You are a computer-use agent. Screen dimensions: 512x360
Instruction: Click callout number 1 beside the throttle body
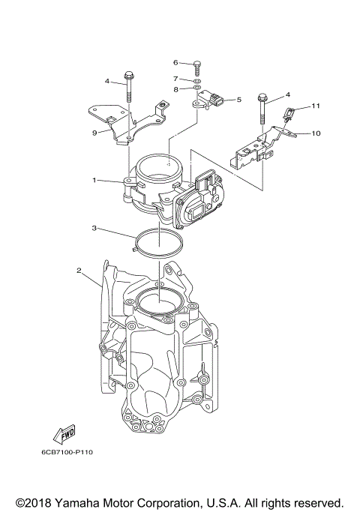(94, 181)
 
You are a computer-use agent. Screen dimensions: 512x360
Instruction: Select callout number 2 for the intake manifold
(79, 269)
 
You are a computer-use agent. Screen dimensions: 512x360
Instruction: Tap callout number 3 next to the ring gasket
(94, 227)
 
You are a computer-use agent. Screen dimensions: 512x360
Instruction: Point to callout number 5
(238, 99)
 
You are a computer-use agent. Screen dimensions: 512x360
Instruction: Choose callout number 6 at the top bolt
(175, 62)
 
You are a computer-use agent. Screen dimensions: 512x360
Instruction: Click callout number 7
(175, 78)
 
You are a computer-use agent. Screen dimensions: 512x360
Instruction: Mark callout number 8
(175, 89)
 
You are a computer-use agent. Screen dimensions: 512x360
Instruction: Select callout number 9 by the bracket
(94, 133)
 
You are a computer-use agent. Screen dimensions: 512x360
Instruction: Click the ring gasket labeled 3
(159, 241)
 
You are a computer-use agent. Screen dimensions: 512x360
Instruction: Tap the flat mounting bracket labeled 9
(124, 120)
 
